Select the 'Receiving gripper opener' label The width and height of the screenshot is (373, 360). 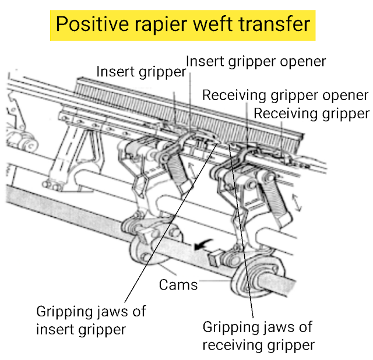point(285,95)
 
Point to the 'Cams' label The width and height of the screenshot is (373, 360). point(179,285)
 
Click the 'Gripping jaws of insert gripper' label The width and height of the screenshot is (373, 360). point(91,320)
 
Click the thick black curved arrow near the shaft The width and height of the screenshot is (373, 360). point(202,246)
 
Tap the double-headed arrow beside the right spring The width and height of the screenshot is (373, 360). point(297,202)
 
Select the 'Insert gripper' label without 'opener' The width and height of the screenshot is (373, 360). point(141,72)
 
